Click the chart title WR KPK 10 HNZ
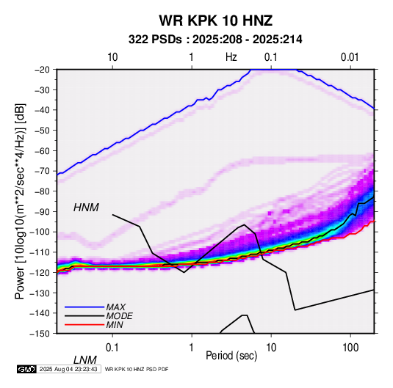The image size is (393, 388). [x=215, y=21]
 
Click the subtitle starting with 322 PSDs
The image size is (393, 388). [x=215, y=40]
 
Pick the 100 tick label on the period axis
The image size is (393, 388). [x=350, y=347]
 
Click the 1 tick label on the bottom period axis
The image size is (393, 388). [x=192, y=347]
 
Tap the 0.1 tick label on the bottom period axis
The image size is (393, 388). [x=112, y=347]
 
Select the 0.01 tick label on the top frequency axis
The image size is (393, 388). [x=350, y=57]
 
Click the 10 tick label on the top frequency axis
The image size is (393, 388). [x=112, y=57]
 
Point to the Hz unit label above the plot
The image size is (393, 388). [x=231, y=57]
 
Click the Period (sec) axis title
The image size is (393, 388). [x=231, y=356]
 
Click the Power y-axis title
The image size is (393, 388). [x=20, y=201]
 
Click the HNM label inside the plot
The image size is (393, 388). [x=86, y=208]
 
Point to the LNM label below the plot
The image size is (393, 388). [x=84, y=360]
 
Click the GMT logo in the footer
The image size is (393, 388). [x=27, y=369]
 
